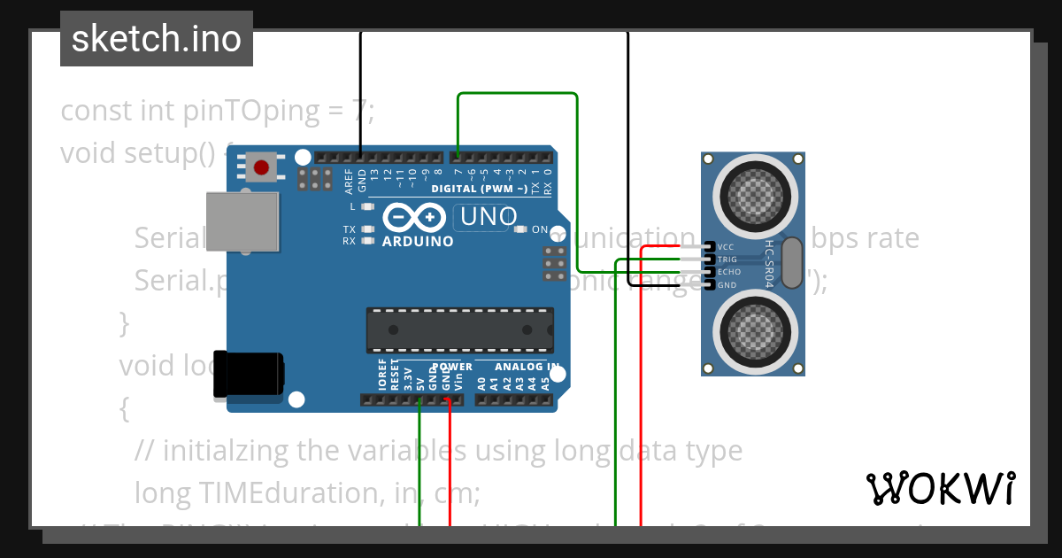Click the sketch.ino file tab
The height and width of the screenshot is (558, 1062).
156,39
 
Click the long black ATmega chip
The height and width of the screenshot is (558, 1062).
460,330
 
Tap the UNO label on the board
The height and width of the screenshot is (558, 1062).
487,217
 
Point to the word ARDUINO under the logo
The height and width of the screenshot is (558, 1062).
418,241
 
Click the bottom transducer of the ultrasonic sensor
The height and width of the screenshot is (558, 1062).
753,332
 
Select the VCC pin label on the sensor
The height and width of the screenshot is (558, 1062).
727,247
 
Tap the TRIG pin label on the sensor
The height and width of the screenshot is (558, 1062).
727,260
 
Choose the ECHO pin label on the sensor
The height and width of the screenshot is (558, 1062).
729,272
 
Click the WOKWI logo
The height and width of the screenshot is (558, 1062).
941,488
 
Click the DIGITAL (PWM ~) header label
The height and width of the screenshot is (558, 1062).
478,189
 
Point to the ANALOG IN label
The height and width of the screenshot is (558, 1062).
527,367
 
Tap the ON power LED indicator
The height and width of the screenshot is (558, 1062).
521,229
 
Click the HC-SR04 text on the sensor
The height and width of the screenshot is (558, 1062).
769,263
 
